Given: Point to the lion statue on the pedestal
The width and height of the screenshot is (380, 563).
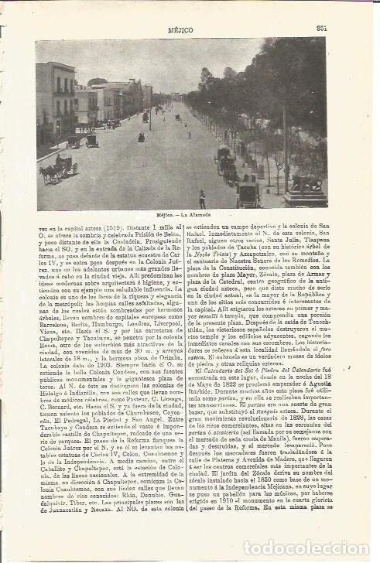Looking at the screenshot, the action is coord(306,184).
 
